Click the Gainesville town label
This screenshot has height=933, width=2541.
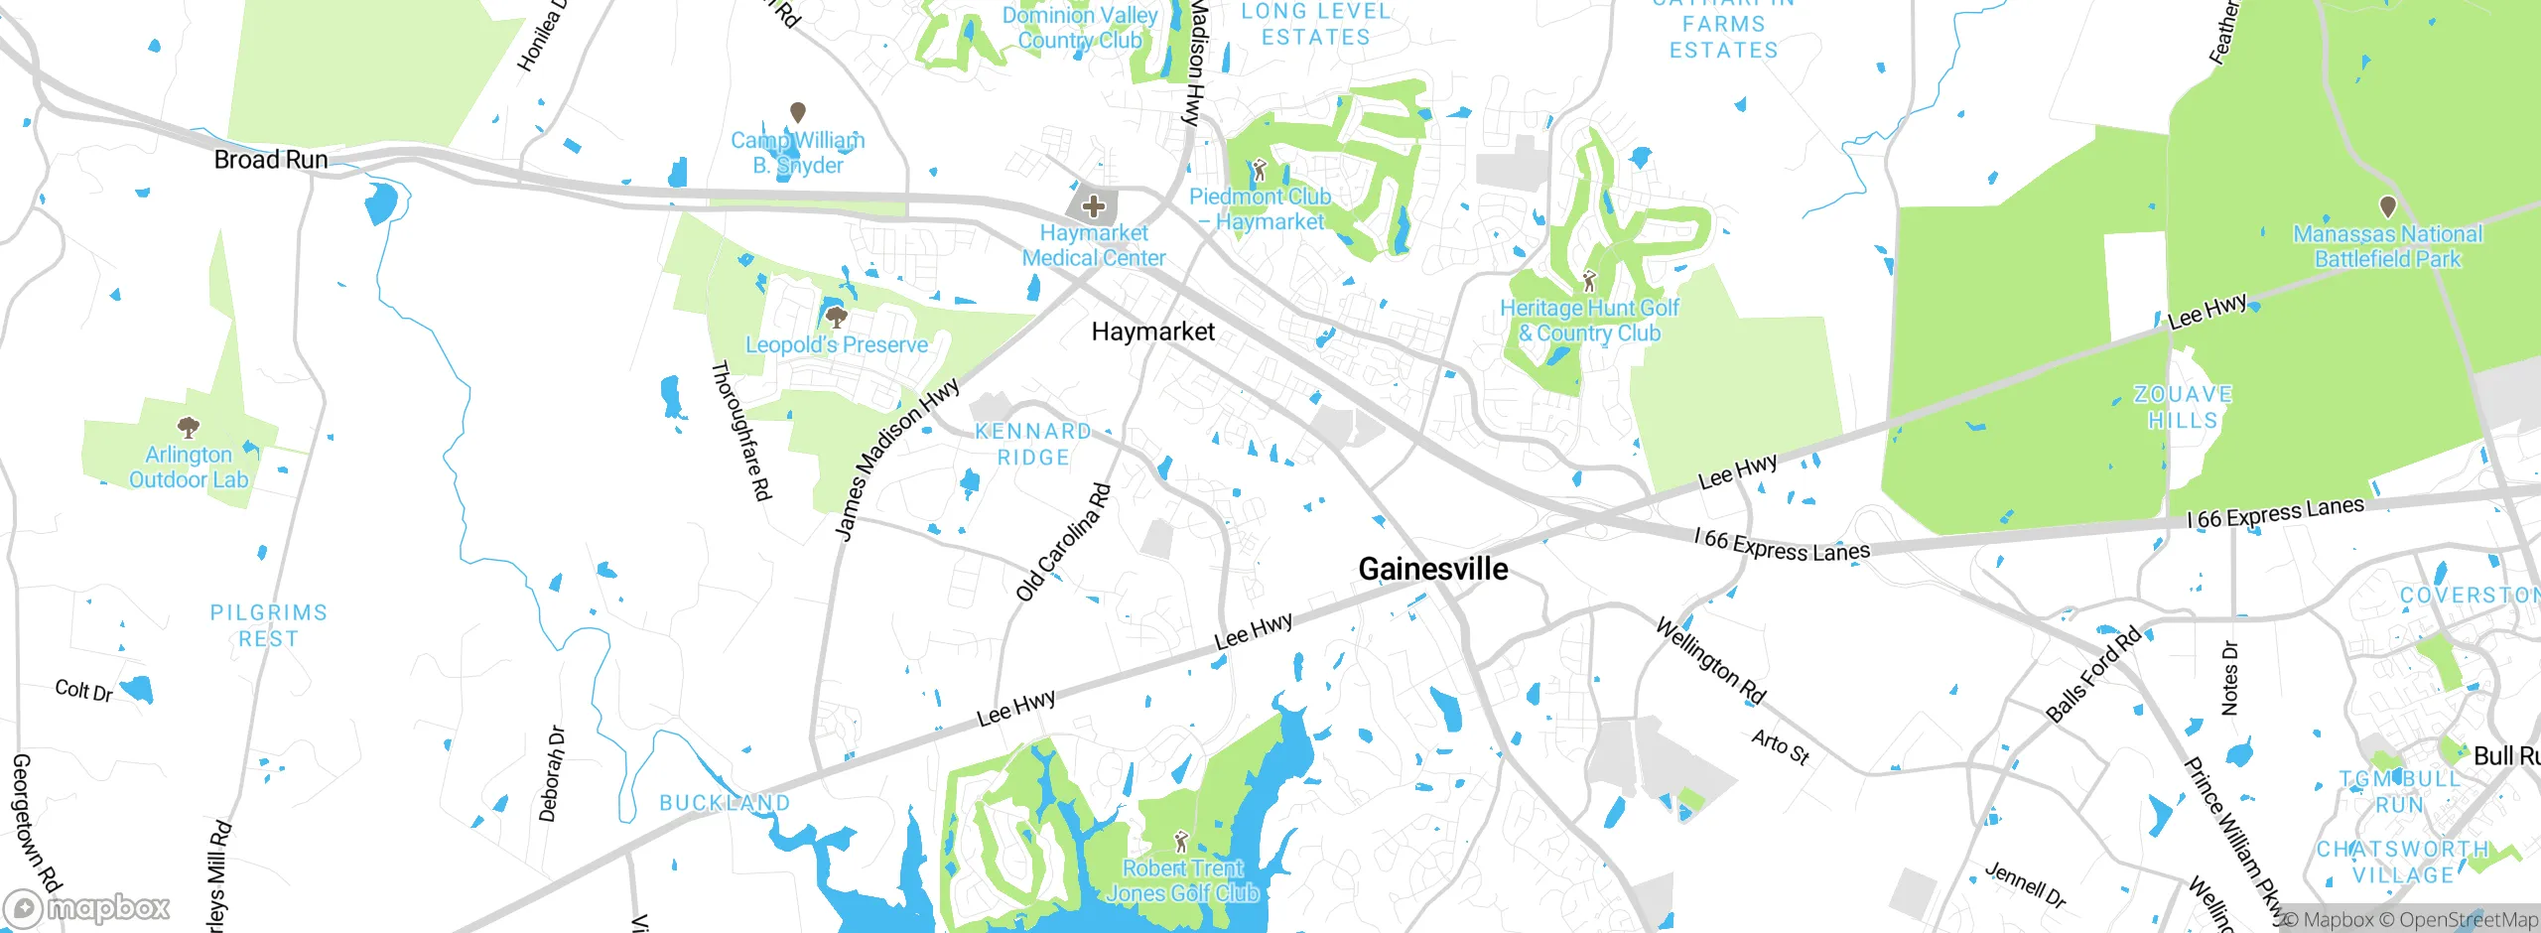click(1432, 569)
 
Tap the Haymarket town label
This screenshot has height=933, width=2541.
click(1152, 332)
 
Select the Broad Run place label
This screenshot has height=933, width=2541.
click(271, 160)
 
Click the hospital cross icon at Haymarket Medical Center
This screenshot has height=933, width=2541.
click(1094, 206)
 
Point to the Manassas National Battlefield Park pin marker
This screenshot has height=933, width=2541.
click(2387, 206)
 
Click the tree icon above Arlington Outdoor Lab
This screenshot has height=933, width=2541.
click(188, 428)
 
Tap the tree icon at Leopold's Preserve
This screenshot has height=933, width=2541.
click(837, 318)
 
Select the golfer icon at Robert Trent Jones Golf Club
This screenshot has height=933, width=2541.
click(1180, 843)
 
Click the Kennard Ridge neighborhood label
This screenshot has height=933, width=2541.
click(1033, 444)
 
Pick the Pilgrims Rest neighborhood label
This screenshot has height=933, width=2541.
click(268, 625)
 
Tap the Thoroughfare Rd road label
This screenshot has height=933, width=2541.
click(741, 431)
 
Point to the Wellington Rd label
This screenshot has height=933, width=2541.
click(1710, 661)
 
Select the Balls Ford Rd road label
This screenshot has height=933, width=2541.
click(2093, 675)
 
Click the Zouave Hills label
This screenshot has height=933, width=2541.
click(2183, 407)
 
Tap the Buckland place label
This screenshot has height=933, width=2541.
click(725, 802)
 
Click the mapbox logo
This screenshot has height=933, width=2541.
click(87, 907)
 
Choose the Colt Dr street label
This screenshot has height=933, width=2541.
click(83, 690)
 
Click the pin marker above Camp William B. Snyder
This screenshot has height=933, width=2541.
click(797, 112)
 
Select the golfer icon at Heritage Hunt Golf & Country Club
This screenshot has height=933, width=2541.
click(1589, 281)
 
